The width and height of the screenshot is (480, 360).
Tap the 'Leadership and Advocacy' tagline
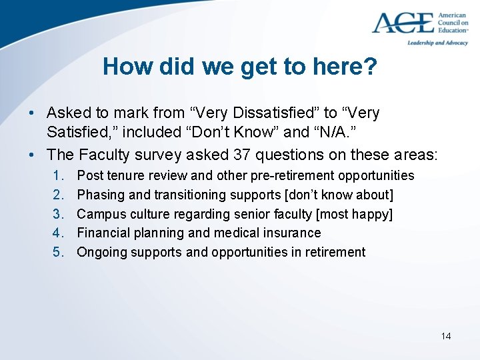437,43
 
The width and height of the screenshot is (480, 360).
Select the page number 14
445,336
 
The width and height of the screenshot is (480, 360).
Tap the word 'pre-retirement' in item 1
294,176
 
